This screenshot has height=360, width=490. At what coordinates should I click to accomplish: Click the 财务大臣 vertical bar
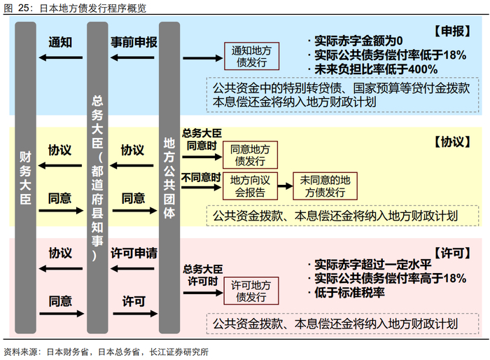(x=26, y=179)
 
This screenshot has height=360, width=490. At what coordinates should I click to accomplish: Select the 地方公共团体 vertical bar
(x=169, y=179)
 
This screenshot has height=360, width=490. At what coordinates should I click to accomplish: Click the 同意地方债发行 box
(x=250, y=154)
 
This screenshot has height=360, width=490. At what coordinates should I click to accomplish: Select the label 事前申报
(x=134, y=42)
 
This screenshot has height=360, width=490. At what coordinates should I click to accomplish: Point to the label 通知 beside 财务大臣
(x=60, y=42)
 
